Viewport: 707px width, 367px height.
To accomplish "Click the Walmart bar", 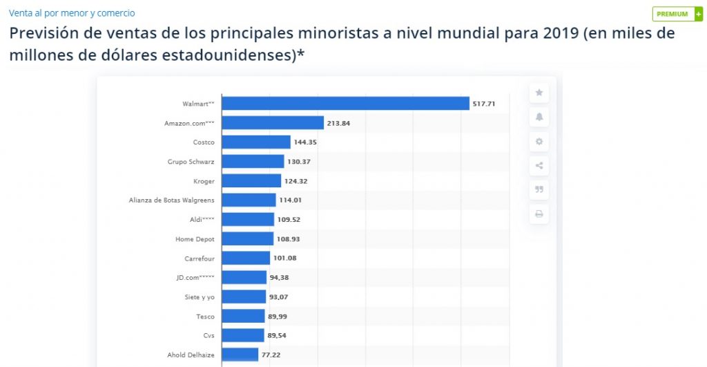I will pyautogui.click(x=345, y=104).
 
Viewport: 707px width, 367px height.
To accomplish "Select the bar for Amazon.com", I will pyautogui.click(x=273, y=123).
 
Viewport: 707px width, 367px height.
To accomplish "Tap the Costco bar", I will pyautogui.click(x=256, y=142).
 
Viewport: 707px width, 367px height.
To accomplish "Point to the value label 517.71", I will pyautogui.click(x=484, y=104).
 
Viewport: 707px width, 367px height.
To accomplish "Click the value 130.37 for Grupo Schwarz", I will pyautogui.click(x=299, y=162).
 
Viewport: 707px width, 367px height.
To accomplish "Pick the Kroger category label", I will pyautogui.click(x=204, y=181).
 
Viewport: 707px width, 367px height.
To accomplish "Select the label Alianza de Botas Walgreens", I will pyautogui.click(x=171, y=200).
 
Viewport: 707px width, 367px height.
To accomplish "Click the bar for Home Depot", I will pyautogui.click(x=248, y=239).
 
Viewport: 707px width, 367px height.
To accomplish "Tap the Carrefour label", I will pyautogui.click(x=200, y=258).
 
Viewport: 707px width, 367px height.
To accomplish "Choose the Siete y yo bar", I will pyautogui.click(x=244, y=297).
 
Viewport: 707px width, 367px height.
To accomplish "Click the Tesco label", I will pyautogui.click(x=205, y=317).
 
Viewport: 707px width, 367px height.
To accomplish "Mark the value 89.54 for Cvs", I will pyautogui.click(x=278, y=336).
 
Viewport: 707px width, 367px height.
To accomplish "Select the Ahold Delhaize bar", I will pyautogui.click(x=240, y=355).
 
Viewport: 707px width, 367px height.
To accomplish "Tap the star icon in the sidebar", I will pyautogui.click(x=539, y=93).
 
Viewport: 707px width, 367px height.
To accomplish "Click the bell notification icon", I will pyautogui.click(x=539, y=117).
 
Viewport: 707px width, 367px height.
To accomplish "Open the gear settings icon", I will pyautogui.click(x=539, y=142).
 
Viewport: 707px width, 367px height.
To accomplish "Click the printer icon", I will pyautogui.click(x=539, y=214).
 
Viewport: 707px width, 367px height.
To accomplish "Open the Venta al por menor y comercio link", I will pyautogui.click(x=72, y=13).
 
